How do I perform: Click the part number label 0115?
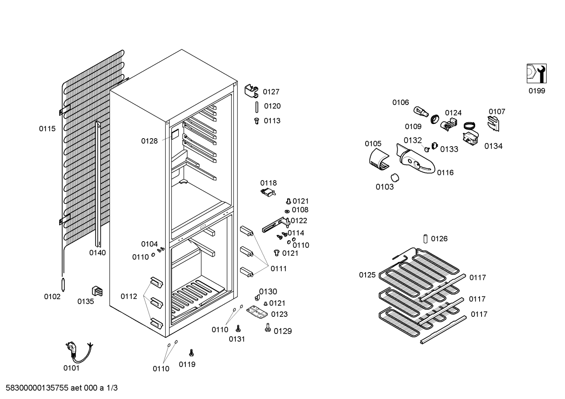(x=47, y=128)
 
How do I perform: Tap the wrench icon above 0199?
(x=536, y=74)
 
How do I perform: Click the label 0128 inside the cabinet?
(x=149, y=141)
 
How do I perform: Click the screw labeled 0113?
(x=257, y=121)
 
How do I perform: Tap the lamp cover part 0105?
(x=379, y=159)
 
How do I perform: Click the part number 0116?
(x=445, y=173)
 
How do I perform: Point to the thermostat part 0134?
(x=470, y=138)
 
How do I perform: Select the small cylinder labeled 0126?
(x=426, y=238)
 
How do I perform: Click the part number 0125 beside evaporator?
(x=367, y=275)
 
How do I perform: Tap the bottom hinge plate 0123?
(x=257, y=312)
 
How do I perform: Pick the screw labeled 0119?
(x=191, y=352)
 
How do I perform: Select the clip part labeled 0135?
(x=97, y=291)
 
